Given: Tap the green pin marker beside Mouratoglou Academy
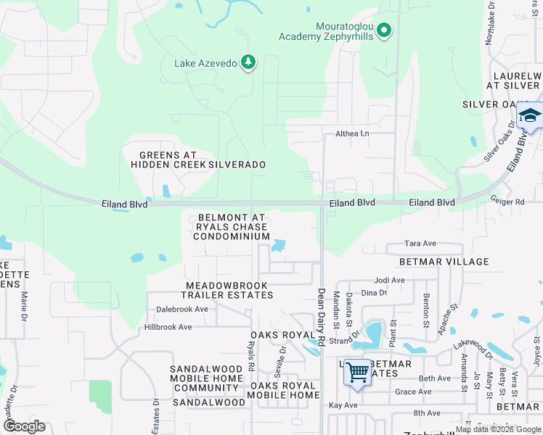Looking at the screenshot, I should pyautogui.click(x=385, y=30).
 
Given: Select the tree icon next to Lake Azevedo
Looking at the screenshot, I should pyautogui.click(x=249, y=62).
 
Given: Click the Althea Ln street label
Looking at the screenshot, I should pyautogui.click(x=352, y=133).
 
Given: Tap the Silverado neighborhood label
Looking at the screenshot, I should pyautogui.click(x=237, y=165).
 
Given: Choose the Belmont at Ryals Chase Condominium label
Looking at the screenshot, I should pyautogui.click(x=232, y=227).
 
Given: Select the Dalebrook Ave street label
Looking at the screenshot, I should pyautogui.click(x=182, y=309).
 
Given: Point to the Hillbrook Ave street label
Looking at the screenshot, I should pyautogui.click(x=168, y=327).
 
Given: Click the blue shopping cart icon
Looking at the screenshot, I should pyautogui.click(x=356, y=373).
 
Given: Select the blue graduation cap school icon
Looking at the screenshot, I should pyautogui.click(x=529, y=117).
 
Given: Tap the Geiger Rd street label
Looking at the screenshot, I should pyautogui.click(x=507, y=202).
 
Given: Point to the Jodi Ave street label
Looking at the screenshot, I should pyautogui.click(x=389, y=280).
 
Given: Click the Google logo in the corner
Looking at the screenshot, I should pyautogui.click(x=23, y=426).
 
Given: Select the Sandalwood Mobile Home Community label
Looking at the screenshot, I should pyautogui.click(x=206, y=378).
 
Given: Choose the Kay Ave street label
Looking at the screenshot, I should pyautogui.click(x=344, y=405).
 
